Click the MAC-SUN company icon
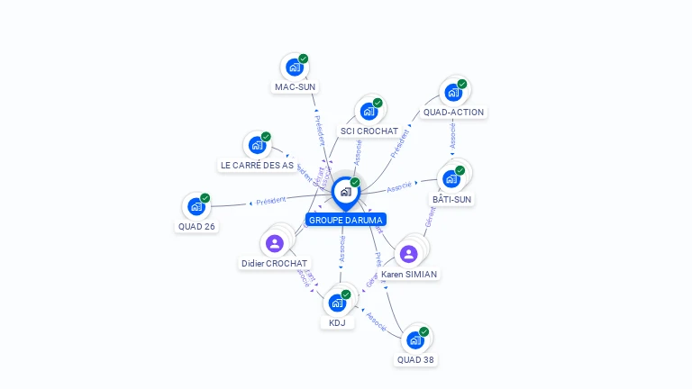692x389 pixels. click(294, 67)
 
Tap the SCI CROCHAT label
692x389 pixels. click(369, 131)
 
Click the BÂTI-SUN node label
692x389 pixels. click(452, 199)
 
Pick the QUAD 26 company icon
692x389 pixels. click(196, 206)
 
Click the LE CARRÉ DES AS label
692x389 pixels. click(257, 166)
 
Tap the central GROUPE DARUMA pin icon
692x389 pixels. click(345, 192)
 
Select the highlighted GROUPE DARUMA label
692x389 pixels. click(346, 220)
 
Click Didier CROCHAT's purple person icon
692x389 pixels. click(275, 243)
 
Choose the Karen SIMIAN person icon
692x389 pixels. click(409, 253)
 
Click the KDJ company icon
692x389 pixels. click(337, 302)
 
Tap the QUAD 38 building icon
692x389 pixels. click(414, 339)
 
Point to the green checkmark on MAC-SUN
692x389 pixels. click(304, 59)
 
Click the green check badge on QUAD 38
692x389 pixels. click(424, 331)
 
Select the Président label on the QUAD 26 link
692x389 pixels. click(270, 201)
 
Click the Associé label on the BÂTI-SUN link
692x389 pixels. click(399, 187)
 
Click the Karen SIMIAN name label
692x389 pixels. click(409, 274)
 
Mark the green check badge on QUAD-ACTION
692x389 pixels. click(462, 84)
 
